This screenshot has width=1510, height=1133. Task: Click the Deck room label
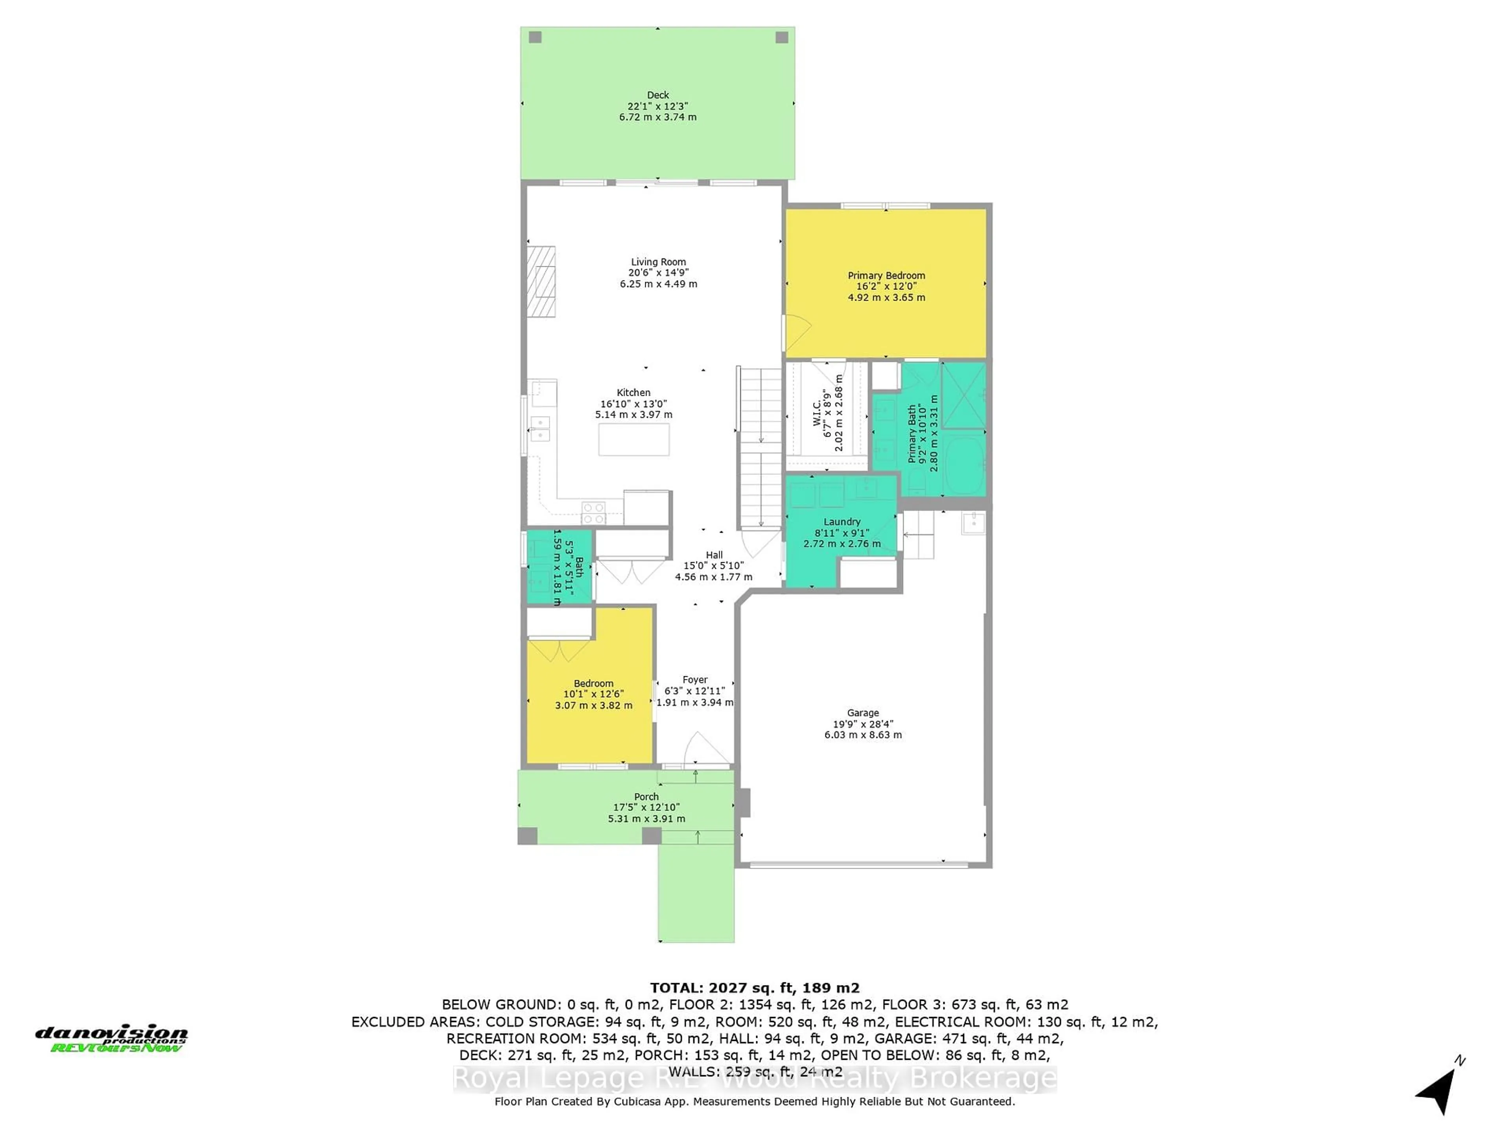657,95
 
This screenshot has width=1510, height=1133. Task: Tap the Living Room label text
658,262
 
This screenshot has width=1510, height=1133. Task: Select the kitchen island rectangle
633,439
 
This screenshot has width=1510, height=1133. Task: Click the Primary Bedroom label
886,275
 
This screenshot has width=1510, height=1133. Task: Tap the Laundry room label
842,522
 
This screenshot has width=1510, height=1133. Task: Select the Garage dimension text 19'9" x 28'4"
863,724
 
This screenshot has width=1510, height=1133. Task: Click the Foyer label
695,679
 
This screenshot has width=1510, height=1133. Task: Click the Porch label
646,796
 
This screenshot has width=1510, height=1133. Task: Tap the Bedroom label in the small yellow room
593,683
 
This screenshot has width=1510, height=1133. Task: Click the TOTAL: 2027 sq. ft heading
754,987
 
